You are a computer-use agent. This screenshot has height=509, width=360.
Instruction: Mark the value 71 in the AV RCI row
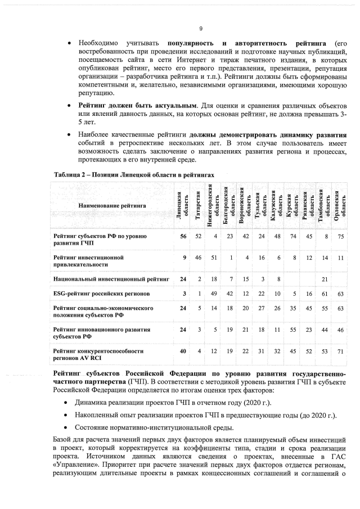point(340,351)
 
